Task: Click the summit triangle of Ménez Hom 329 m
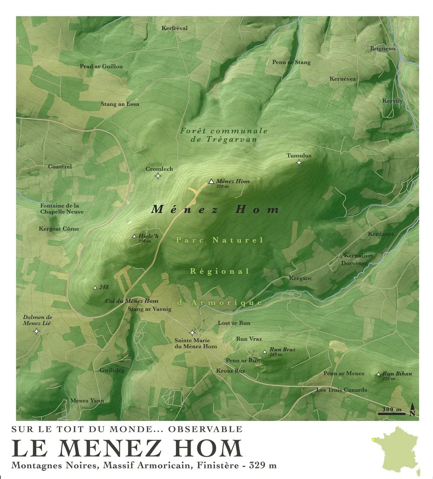(x=211, y=182)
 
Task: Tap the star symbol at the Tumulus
(x=299, y=163)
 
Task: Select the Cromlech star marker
(x=158, y=176)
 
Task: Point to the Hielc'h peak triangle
(x=134, y=236)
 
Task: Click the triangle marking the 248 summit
(x=95, y=287)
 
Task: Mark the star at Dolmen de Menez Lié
(x=36, y=331)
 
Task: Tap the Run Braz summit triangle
(x=265, y=351)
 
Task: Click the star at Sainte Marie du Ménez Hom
(x=192, y=333)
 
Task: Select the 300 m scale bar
(x=391, y=414)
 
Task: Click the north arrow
(x=413, y=409)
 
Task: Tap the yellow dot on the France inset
(x=374, y=440)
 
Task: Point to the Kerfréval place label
(x=174, y=28)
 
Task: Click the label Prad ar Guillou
(x=101, y=66)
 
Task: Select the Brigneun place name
(x=383, y=49)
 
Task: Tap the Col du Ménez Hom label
(x=132, y=301)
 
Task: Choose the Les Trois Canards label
(x=342, y=390)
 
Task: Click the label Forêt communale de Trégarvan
(x=224, y=135)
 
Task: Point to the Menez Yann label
(x=87, y=401)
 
